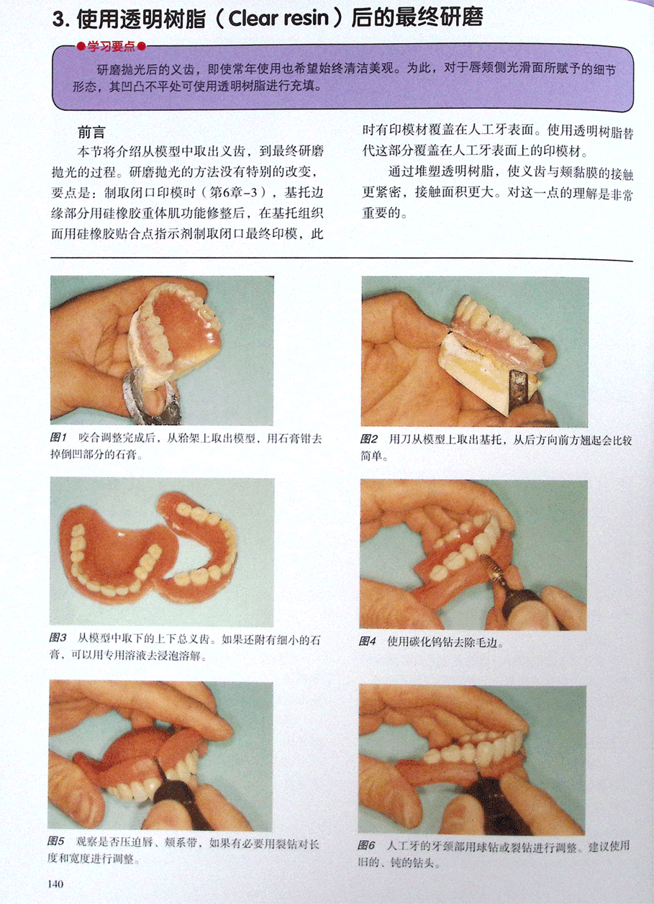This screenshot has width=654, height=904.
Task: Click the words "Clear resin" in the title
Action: click(278, 19)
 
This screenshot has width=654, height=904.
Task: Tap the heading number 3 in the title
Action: click(58, 19)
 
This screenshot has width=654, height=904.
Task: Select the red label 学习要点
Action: click(112, 46)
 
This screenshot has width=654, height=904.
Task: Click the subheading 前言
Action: click(91, 132)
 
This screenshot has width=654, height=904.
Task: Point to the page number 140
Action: click(55, 884)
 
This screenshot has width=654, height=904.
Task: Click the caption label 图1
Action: click(58, 437)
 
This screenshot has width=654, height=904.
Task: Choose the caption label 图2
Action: click(369, 439)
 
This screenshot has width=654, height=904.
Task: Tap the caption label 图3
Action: click(58, 638)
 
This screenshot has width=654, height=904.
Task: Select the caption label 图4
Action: click(368, 641)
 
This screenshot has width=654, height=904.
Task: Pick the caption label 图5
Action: click(55, 841)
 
